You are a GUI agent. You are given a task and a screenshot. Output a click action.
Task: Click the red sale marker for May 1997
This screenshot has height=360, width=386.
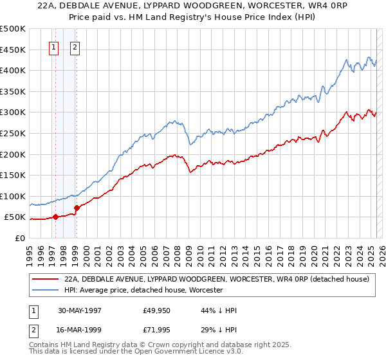tap(55, 217)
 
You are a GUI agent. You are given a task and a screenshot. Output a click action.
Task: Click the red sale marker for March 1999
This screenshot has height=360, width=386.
tap(76, 208)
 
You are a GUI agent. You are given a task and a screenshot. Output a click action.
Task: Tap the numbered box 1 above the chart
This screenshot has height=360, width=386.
tap(53, 47)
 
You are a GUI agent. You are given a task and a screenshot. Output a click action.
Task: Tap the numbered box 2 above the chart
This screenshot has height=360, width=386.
tap(75, 47)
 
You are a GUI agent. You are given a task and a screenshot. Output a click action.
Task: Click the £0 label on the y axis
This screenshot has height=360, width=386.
tap(19, 238)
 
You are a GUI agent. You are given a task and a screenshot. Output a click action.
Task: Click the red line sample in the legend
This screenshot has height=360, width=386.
tap(46, 279)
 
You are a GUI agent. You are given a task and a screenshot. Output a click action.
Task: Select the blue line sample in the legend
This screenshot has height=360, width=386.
tap(46, 290)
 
